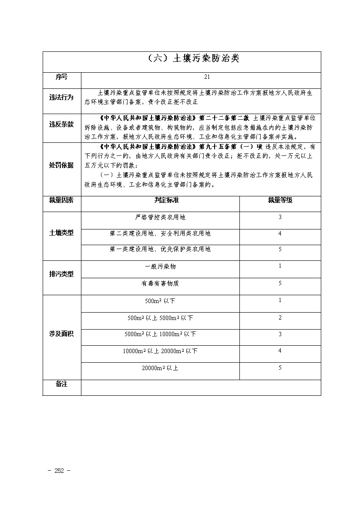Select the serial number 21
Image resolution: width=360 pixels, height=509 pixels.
[x=207, y=77]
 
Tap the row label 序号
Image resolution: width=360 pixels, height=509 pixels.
[x=61, y=77]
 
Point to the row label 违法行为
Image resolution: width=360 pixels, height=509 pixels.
[x=61, y=98]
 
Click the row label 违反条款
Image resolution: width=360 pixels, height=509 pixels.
[x=61, y=125]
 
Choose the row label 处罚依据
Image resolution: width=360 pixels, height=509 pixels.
[x=61, y=165]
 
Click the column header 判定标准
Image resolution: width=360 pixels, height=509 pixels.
[x=160, y=200]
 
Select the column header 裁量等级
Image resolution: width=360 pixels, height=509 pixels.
[x=280, y=200]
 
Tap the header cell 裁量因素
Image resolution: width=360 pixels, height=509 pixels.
[x=61, y=200]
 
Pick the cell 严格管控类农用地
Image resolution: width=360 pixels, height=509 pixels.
[x=160, y=217]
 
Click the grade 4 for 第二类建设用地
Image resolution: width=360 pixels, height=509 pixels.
[x=280, y=234]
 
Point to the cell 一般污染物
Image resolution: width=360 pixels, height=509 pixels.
[x=160, y=266]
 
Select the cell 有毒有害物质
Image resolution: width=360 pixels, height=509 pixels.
[x=160, y=283]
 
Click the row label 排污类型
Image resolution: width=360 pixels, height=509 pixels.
[x=61, y=274]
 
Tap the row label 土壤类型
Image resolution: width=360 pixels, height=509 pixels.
[x=61, y=233]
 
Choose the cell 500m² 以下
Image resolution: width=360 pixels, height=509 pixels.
[x=160, y=301]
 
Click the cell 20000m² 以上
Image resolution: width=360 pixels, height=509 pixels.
[x=160, y=368]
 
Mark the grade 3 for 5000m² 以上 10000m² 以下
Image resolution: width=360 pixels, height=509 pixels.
[x=280, y=334]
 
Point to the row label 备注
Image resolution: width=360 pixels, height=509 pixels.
[x=61, y=384]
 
